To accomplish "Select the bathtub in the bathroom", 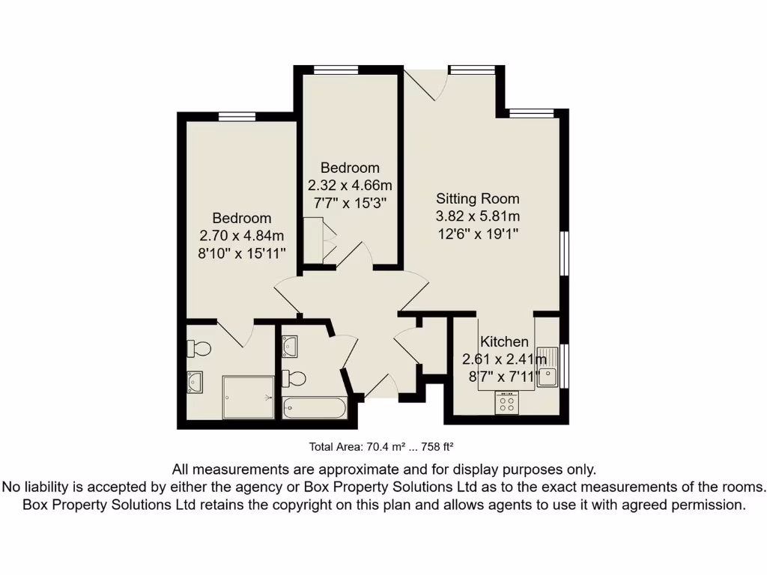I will click(315, 409).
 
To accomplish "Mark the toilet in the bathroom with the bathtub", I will click(294, 377).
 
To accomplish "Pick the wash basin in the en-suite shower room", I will click(195, 383).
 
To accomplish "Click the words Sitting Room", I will click(478, 199).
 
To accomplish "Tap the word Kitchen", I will click(504, 342).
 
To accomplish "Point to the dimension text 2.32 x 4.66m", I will click(350, 185).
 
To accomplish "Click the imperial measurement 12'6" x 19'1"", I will click(478, 234).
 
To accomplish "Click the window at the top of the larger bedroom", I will click(237, 116).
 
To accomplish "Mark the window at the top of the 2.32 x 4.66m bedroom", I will click(336, 70).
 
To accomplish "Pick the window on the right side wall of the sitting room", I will click(565, 255).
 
